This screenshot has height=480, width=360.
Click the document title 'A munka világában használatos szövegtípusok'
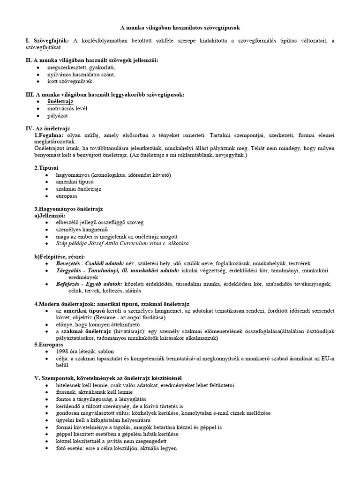click(x=180, y=28)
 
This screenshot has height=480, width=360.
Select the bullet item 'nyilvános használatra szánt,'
click(x=75, y=75)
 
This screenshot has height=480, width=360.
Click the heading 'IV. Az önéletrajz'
click(x=47, y=128)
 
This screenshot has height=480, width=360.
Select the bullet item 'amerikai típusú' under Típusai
click(x=68, y=182)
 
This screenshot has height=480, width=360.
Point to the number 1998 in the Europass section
click(x=64, y=351)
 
